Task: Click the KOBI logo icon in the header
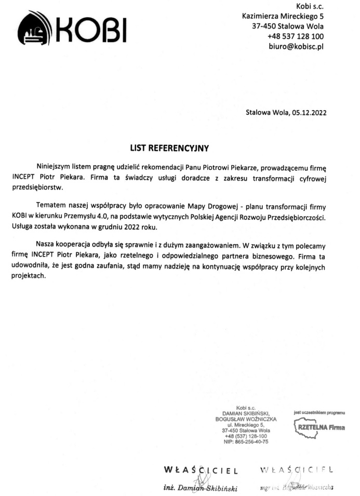pyautogui.click(x=34, y=30)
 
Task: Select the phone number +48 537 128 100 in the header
pyautogui.click(x=296, y=36)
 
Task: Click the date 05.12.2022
pyautogui.click(x=309, y=111)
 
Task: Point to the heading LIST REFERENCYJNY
pyautogui.click(x=169, y=148)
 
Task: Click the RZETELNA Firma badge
pyautogui.click(x=319, y=427)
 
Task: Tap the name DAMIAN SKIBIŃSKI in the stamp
pyautogui.click(x=246, y=413)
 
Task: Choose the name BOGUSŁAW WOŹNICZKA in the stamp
pyautogui.click(x=246, y=419)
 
